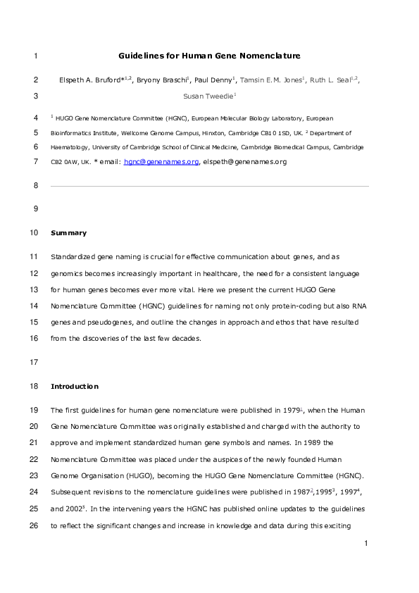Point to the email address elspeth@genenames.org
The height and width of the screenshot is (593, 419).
(x=244, y=162)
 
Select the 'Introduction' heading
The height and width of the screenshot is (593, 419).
(x=75, y=387)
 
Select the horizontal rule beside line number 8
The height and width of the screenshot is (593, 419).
(x=209, y=186)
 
